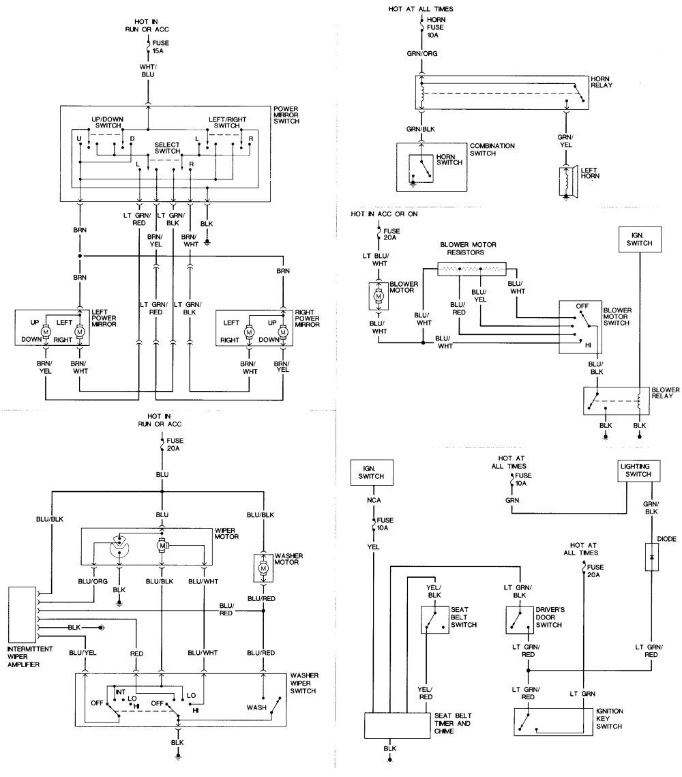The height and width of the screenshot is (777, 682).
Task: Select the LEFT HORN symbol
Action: click(567, 181)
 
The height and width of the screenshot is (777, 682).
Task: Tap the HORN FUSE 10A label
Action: click(437, 27)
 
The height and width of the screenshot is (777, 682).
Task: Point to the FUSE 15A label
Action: click(162, 46)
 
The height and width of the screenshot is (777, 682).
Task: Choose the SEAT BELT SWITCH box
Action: click(434, 619)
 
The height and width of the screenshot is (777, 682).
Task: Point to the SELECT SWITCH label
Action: click(166, 148)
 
